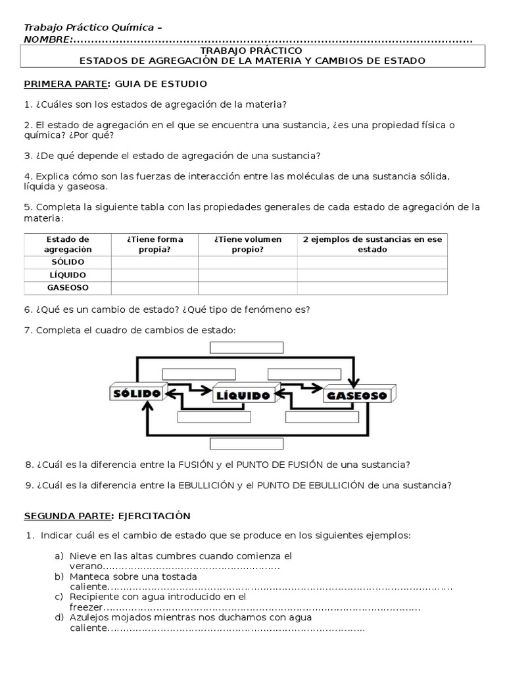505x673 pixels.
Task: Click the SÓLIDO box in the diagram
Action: pos(135,393)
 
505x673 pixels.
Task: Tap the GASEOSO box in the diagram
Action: pos(357,395)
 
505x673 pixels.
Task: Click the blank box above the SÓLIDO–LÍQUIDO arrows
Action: pos(193,373)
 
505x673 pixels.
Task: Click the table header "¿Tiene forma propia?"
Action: pos(155,244)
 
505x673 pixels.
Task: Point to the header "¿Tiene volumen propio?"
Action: pos(248,244)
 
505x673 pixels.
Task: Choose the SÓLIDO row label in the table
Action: pos(68,262)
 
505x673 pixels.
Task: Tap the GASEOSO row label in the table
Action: pos(68,288)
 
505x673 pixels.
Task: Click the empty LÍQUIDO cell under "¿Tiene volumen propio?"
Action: pos(248,275)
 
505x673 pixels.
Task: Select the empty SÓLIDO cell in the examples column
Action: pos(372,262)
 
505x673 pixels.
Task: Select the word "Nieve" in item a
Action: pos(82,556)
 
